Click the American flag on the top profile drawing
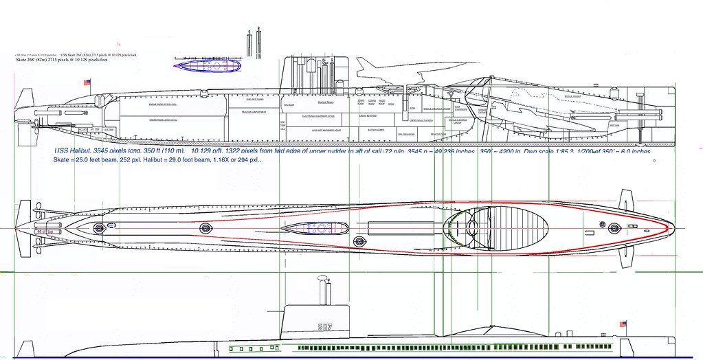(x=87, y=82)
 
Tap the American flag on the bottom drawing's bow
(x=624, y=324)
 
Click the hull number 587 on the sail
(x=325, y=327)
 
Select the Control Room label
(x=326, y=102)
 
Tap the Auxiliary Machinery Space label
(x=323, y=129)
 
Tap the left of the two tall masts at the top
(x=247, y=43)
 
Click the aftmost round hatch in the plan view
(x=100, y=227)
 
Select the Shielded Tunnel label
(x=246, y=99)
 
